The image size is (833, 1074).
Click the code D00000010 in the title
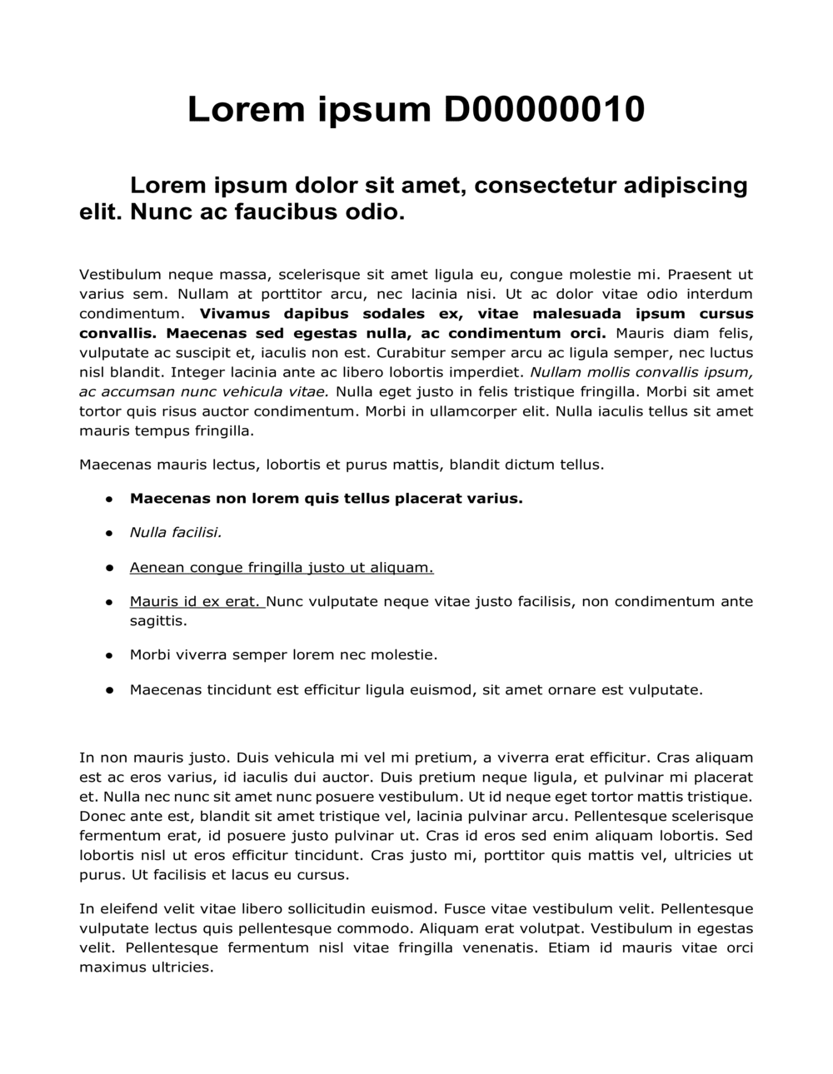click(544, 109)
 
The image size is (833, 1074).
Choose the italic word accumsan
click(137, 392)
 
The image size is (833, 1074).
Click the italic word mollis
click(590, 372)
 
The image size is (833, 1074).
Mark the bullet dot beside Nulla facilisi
click(109, 533)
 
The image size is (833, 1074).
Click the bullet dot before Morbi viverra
click(109, 656)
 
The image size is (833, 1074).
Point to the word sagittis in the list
click(158, 621)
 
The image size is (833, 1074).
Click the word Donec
click(101, 816)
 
